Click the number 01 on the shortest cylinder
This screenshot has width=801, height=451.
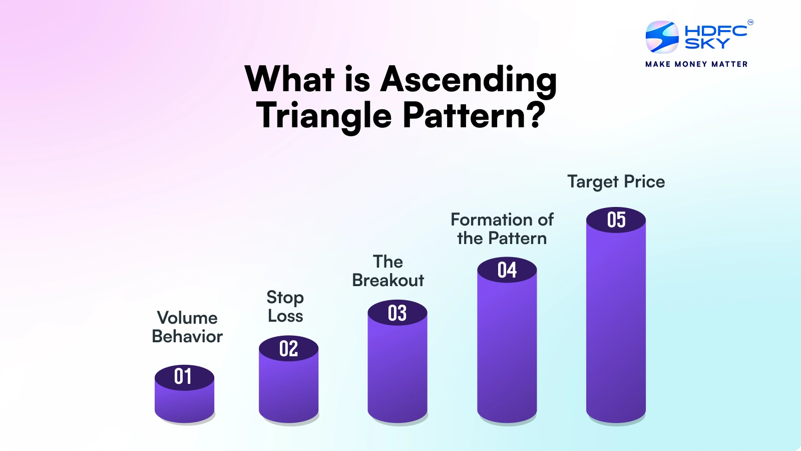[x=183, y=376]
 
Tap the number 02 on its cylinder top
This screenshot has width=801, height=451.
[x=288, y=349]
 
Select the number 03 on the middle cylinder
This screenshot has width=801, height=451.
[x=397, y=313]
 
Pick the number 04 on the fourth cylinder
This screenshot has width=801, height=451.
[x=507, y=270]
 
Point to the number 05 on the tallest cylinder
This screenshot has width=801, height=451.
[x=616, y=220]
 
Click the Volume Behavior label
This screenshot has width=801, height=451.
[x=187, y=327]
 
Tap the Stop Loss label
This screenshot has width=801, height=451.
[x=285, y=306]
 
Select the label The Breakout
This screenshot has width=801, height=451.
[x=388, y=271]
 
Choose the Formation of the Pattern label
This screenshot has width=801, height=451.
[x=502, y=229]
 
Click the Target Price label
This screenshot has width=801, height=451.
[x=616, y=181]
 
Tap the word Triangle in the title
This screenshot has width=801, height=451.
[x=324, y=116]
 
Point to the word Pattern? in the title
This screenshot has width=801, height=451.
[x=474, y=116]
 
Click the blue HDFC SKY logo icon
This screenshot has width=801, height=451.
[x=662, y=37]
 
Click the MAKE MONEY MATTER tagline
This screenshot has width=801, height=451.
[x=696, y=64]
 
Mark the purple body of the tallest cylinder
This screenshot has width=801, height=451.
[x=616, y=326]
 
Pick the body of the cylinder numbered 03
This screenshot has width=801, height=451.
[x=397, y=371]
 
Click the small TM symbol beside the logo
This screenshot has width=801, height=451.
[x=750, y=22]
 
